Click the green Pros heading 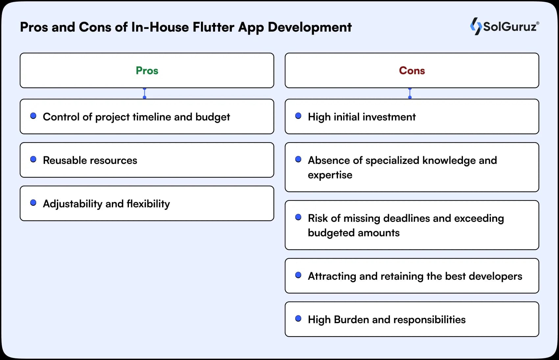[x=147, y=70]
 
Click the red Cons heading [x=412, y=70]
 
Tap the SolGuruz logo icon [x=475, y=26]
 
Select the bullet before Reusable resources [x=33, y=159]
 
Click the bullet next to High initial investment [x=298, y=116]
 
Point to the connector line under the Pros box [x=144, y=93]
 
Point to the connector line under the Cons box [x=410, y=93]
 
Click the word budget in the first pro [x=212, y=117]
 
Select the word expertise [x=330, y=175]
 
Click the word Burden [x=351, y=320]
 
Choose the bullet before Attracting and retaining [x=298, y=275]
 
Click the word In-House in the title [x=160, y=27]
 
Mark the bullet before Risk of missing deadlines [x=298, y=217]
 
